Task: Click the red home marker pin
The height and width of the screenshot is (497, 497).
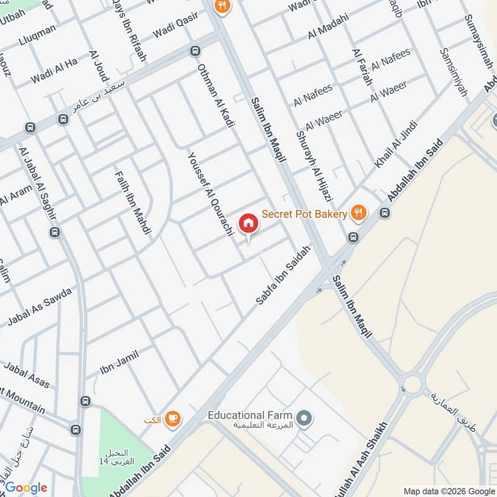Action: pyautogui.click(x=248, y=223)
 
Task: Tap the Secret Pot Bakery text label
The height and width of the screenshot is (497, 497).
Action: pyautogui.click(x=304, y=214)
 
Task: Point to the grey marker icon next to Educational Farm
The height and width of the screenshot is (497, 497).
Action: pyautogui.click(x=304, y=419)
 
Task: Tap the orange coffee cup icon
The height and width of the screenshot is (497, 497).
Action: pyautogui.click(x=173, y=420)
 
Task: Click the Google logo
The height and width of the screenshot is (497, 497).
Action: pyautogui.click(x=26, y=488)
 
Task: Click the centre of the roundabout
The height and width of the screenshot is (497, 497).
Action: pyautogui.click(x=411, y=383)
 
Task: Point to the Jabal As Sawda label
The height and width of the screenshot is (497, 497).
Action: pyautogui.click(x=39, y=307)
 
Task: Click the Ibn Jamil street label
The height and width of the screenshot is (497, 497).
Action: pyautogui.click(x=120, y=363)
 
